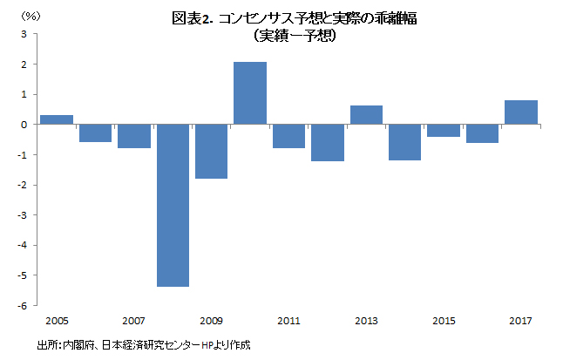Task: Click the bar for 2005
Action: click(x=57, y=119)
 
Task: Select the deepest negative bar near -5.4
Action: click(x=173, y=205)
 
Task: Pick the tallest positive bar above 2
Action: click(x=250, y=93)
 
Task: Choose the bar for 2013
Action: click(x=366, y=115)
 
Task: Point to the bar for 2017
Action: click(x=521, y=112)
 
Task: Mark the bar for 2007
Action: click(x=134, y=136)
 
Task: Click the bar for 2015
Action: click(x=444, y=131)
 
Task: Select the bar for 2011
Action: click(x=288, y=136)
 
